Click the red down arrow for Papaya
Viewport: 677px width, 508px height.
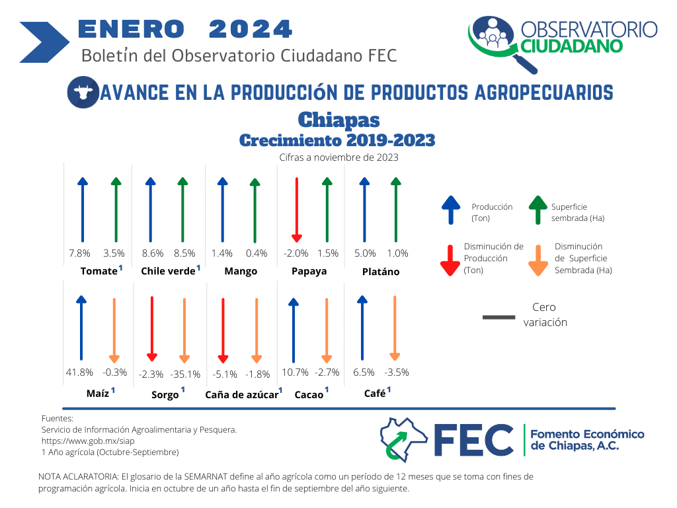297,210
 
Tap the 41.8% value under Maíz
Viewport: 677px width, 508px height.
79,372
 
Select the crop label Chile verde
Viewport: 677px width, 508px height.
168,271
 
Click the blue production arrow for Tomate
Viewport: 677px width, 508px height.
83,210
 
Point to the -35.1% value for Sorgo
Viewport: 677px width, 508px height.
185,374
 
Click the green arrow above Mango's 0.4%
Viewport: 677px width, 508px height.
255,210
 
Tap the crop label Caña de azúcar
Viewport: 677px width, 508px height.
241,395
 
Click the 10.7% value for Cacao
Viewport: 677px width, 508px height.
296,372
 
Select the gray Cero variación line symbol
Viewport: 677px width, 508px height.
498,317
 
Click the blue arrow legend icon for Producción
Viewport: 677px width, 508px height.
451,210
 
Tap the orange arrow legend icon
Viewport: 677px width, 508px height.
538,261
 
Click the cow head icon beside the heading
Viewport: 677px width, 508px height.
83,92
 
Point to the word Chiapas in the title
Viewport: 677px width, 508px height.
339,120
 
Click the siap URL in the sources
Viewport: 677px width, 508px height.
88,441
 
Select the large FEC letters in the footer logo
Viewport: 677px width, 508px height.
473,440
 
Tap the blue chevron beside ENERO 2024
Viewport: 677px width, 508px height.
44,42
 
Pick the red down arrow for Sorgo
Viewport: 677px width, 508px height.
152,329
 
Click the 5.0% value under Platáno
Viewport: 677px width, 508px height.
365,253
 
